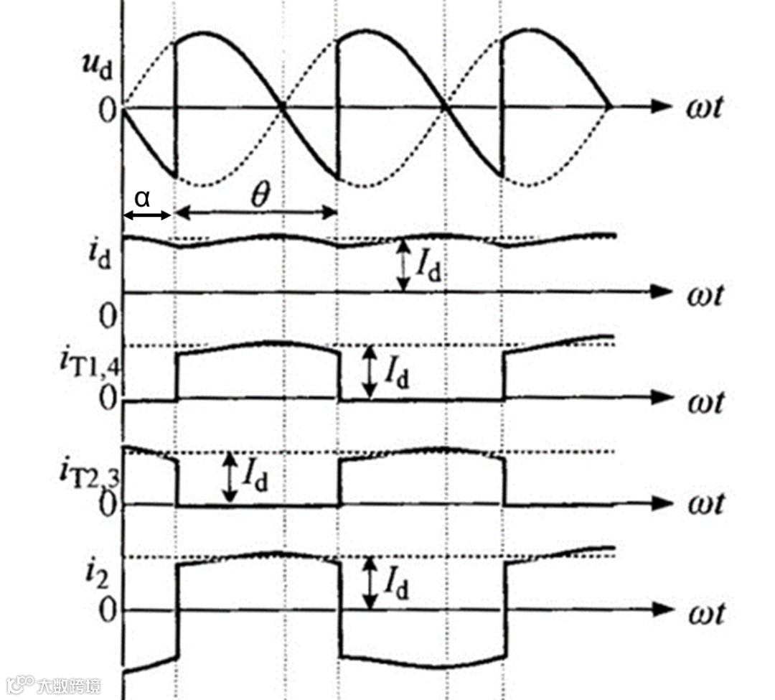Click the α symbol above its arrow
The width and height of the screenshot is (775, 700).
click(143, 197)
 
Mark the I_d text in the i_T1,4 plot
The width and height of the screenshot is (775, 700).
click(396, 371)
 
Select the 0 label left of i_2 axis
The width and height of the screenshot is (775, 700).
click(107, 612)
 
